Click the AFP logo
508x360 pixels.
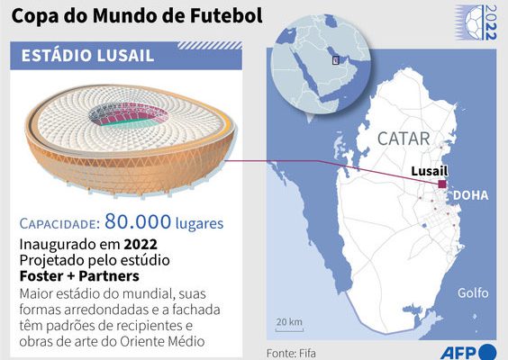click(467, 352)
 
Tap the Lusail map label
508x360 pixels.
click(430, 171)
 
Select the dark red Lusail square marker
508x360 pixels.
click(442, 184)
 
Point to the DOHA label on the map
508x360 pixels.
click(470, 195)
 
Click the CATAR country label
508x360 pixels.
click(404, 139)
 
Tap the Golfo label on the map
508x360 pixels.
click(473, 292)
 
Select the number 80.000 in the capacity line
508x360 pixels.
click(138, 221)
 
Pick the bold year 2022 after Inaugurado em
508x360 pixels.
click(141, 244)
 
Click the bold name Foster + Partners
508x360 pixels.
click(79, 276)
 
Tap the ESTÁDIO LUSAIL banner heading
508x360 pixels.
click(87, 56)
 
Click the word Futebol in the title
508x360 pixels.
click(226, 15)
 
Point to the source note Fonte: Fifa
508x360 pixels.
click(291, 353)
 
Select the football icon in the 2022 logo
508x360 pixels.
click(475, 22)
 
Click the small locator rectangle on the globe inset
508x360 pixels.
click(336, 59)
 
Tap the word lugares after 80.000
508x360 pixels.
click(199, 223)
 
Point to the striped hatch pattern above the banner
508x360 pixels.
click(210, 45)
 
